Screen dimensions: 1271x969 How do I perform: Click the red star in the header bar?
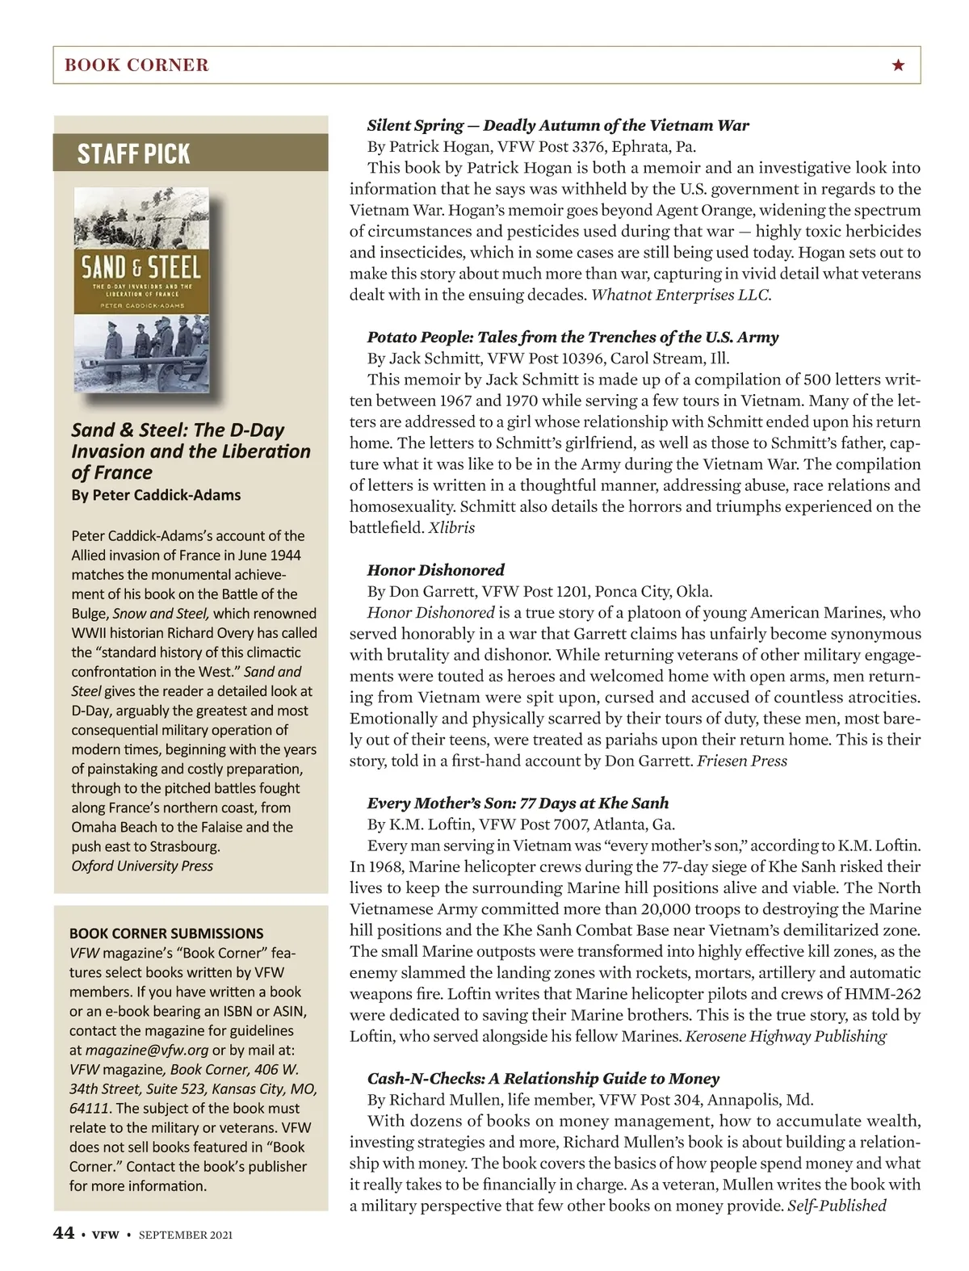tap(898, 65)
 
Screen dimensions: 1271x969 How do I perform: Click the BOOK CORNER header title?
tap(136, 65)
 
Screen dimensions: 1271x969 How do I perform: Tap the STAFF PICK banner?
tap(134, 153)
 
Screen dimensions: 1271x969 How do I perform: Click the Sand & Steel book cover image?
tap(141, 291)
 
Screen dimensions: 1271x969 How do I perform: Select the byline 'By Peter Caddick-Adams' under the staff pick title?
tap(156, 495)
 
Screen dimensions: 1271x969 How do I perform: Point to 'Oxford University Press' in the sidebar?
tap(142, 866)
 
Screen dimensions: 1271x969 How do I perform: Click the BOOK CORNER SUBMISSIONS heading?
tap(166, 933)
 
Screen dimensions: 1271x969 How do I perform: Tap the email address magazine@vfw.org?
tap(147, 1050)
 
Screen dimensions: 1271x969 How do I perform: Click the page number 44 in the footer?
tap(64, 1233)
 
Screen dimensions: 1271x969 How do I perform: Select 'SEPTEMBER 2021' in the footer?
tap(186, 1235)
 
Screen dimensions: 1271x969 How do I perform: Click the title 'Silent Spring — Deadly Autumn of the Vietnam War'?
tap(558, 125)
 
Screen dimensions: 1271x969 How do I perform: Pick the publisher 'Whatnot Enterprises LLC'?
tap(681, 295)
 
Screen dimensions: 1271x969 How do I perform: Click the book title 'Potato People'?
tap(573, 337)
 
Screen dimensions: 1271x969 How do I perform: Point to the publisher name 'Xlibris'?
tap(451, 528)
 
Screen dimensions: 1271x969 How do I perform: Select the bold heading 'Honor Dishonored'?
tap(436, 570)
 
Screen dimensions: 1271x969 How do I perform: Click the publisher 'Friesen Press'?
tap(741, 761)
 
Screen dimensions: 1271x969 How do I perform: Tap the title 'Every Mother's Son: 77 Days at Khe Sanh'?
tap(518, 803)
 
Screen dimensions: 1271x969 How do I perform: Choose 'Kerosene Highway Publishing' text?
tap(786, 1036)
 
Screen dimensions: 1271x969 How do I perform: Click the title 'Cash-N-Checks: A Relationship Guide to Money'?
tap(543, 1079)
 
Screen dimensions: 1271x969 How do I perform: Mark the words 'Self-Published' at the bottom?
tap(837, 1206)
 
